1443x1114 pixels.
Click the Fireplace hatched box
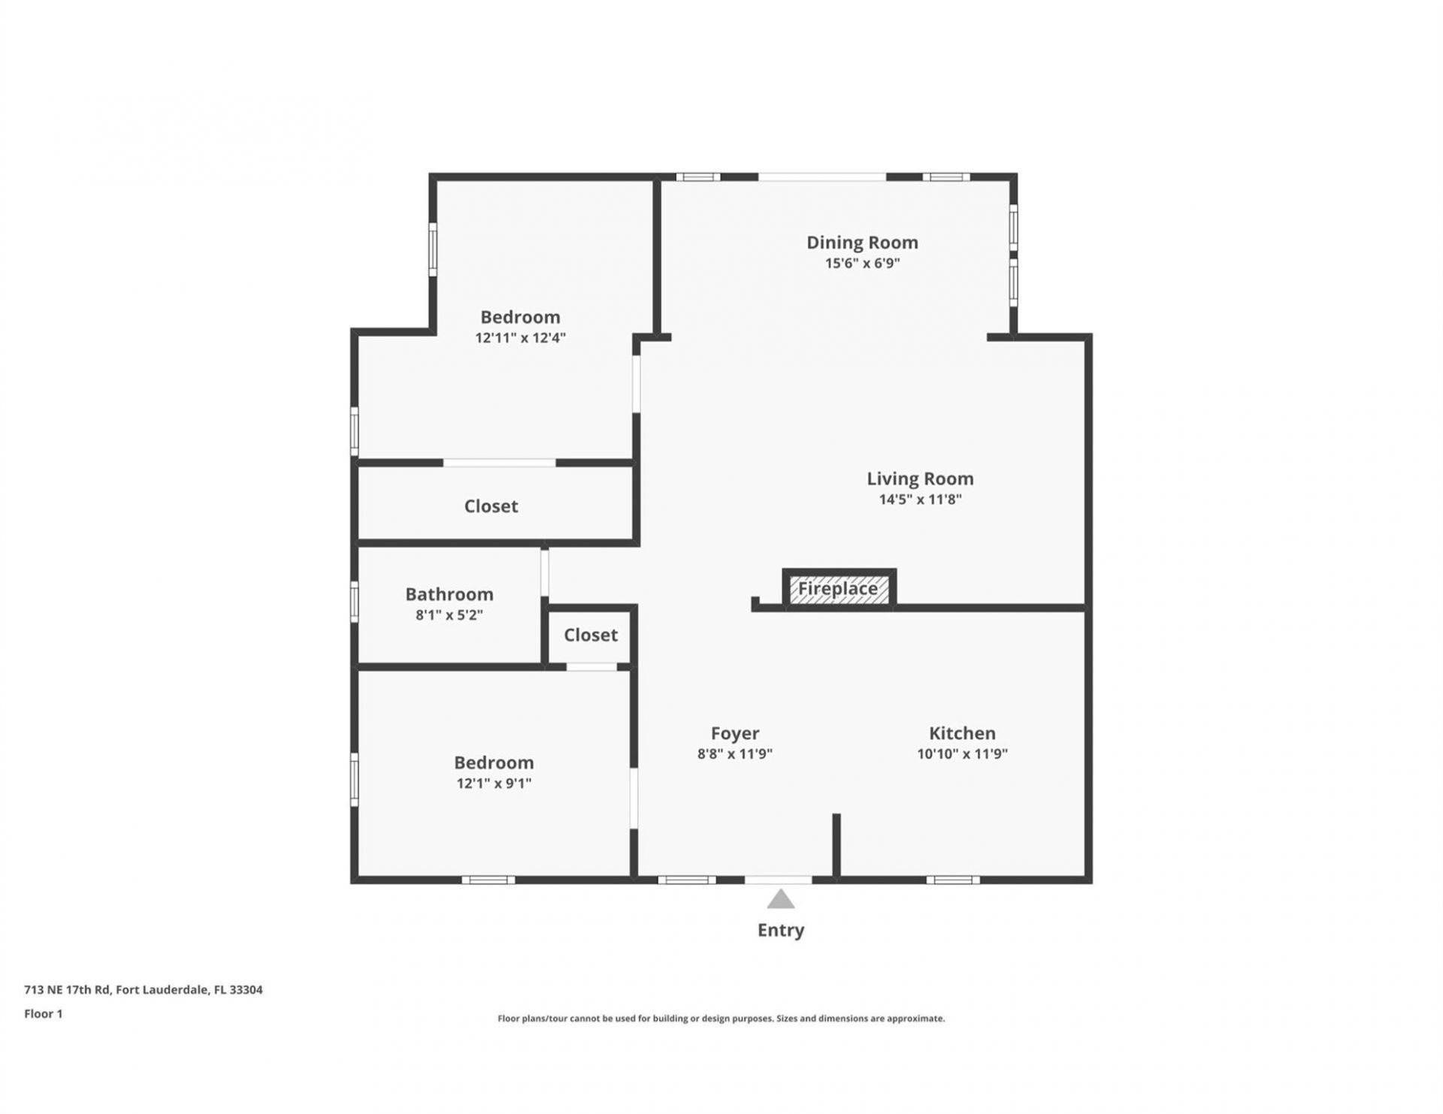tap(839, 589)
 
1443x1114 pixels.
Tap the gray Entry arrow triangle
tap(781, 899)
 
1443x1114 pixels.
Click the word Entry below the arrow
tap(781, 930)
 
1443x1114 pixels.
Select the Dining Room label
tap(862, 243)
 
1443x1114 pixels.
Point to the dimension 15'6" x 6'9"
tap(862, 263)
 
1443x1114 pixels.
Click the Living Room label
tap(920, 479)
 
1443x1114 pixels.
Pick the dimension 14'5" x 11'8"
tap(920, 500)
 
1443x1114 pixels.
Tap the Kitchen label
tap(962, 733)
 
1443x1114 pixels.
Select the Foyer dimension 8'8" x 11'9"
tap(734, 754)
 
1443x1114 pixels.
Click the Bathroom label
tap(449, 594)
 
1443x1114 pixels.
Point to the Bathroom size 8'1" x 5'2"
tap(449, 615)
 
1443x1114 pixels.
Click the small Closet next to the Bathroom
tap(591, 635)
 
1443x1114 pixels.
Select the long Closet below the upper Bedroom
tap(491, 506)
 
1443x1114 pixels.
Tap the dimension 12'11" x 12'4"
tap(520, 338)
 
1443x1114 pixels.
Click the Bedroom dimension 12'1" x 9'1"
tap(494, 783)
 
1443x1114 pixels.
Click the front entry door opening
tap(779, 879)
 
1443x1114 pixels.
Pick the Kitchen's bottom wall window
tap(952, 880)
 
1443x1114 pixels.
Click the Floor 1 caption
tap(44, 1014)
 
